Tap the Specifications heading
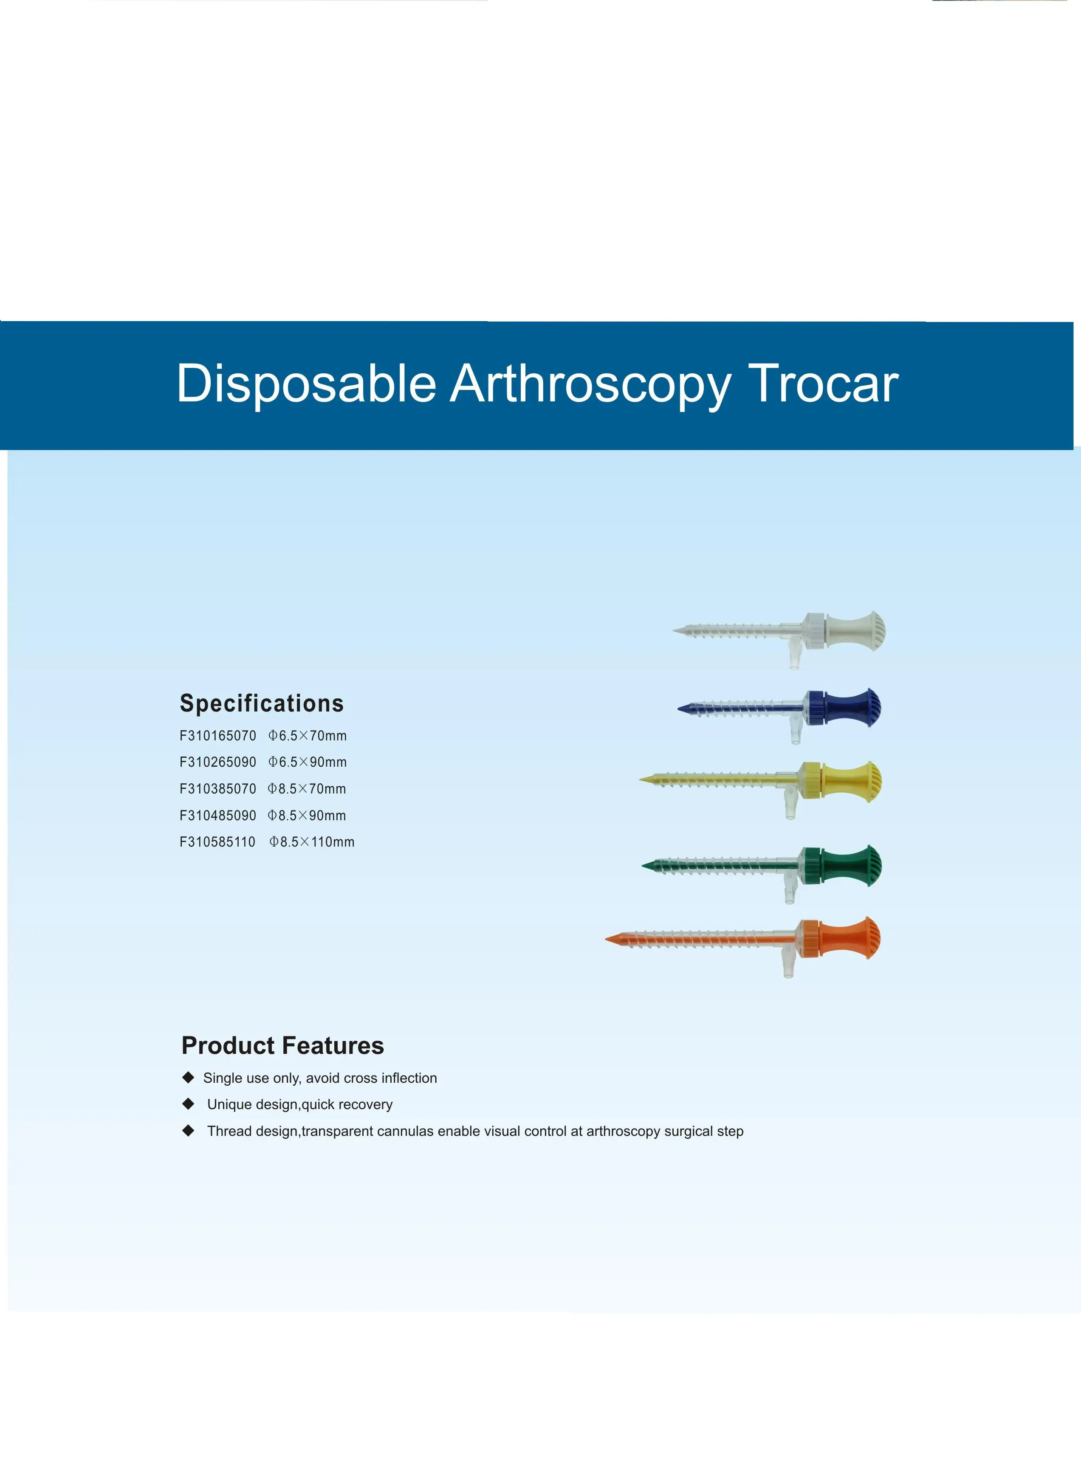coord(262,703)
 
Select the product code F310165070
coord(218,736)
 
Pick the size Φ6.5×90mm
coord(307,762)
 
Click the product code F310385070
coord(218,789)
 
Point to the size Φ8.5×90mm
coord(306,816)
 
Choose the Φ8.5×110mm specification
coord(311,842)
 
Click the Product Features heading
coord(283,1046)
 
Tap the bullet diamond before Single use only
coord(189,1077)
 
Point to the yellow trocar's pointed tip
coord(644,780)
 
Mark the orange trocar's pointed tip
coord(610,940)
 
